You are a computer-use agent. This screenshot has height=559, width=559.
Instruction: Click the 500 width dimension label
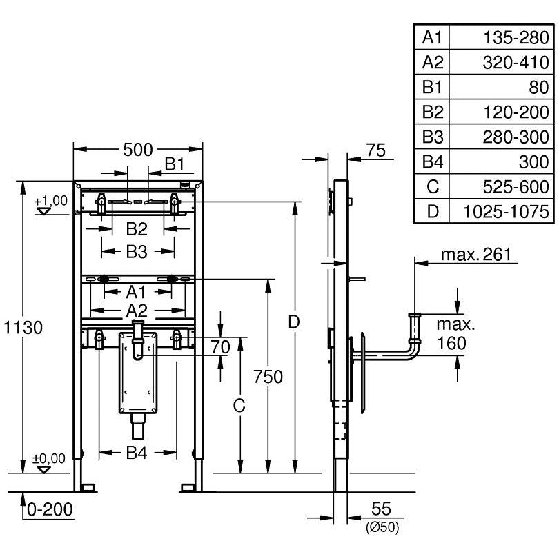click(x=137, y=150)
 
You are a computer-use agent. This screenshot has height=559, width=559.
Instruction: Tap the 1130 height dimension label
click(x=23, y=327)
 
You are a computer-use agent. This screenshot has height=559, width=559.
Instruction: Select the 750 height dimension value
click(x=268, y=377)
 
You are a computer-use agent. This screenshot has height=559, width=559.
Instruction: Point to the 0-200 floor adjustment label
click(x=50, y=509)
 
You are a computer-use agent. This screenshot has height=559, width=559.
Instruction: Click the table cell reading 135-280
click(x=516, y=37)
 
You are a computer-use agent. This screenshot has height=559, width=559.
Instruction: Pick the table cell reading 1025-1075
click(x=506, y=211)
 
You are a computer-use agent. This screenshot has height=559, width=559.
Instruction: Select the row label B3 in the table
click(x=433, y=137)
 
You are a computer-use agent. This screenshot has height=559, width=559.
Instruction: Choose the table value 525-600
click(x=516, y=187)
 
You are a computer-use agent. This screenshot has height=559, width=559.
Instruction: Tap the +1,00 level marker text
click(x=50, y=200)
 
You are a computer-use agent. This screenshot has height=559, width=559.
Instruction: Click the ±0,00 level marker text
click(x=49, y=458)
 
